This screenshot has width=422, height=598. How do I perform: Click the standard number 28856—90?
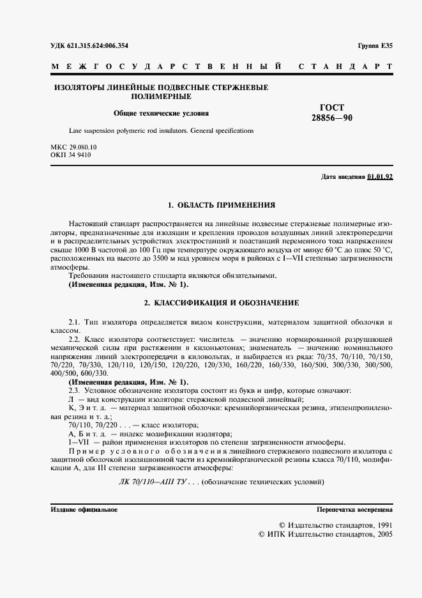point(331,118)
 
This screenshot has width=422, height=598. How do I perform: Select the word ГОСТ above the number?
point(331,107)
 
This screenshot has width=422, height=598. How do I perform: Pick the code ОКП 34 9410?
point(70,155)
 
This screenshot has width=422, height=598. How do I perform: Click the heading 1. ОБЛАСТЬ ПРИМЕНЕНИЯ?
point(221,205)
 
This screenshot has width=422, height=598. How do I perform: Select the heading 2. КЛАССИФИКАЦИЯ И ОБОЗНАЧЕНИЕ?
point(221,302)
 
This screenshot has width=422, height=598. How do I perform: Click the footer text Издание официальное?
point(84,510)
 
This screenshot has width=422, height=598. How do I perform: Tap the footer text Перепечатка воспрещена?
point(354,510)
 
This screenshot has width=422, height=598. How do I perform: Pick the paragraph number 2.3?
point(75,390)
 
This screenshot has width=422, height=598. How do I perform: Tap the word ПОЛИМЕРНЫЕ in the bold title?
point(161,96)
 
